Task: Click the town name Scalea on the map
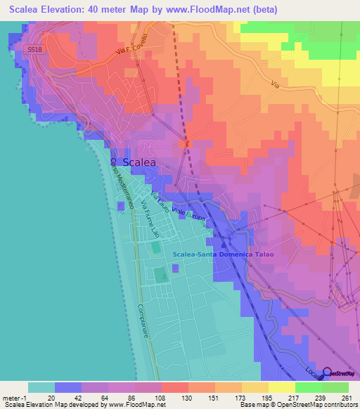[x=139, y=162]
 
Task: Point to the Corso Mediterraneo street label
[x=121, y=181]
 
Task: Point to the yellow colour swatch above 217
[x=281, y=387]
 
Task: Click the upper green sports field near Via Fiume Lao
[x=155, y=247]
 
